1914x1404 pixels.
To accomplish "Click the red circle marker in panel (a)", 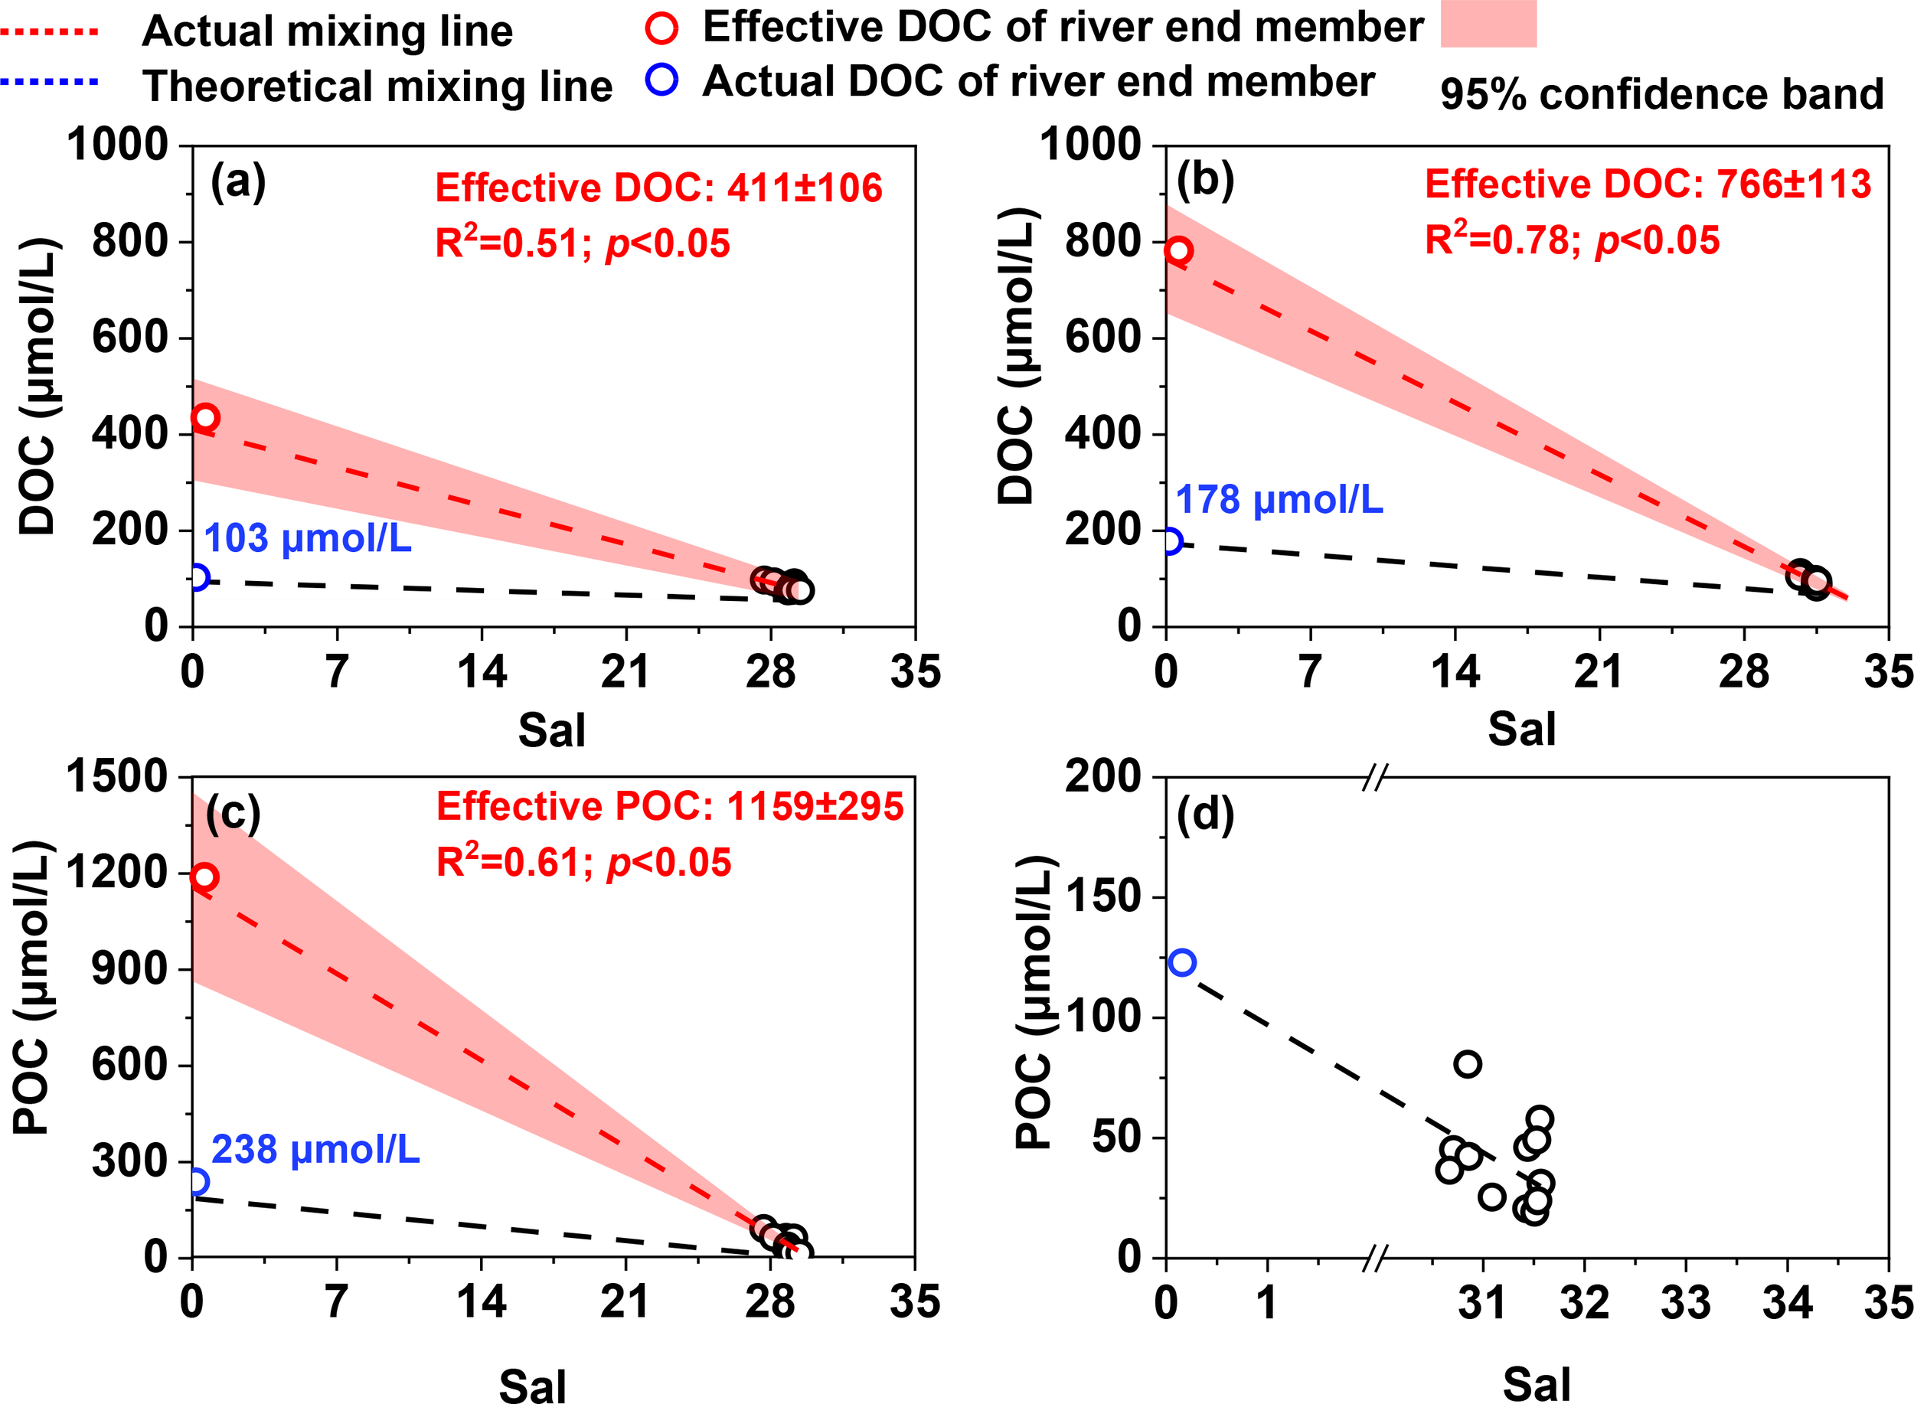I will tap(206, 417).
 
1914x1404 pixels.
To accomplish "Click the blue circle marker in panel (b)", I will tap(1170, 540).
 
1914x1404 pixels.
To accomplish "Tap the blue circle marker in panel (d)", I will tap(1182, 962).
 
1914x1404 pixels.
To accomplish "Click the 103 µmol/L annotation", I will tap(308, 539).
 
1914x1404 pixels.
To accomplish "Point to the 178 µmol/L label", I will tap(1279, 500).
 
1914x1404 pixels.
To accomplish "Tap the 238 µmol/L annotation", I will tap(315, 1150).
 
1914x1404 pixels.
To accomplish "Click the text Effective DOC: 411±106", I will tap(658, 188).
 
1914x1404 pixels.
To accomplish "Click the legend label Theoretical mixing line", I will tap(377, 87).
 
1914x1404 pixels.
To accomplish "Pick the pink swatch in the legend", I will tap(1488, 24).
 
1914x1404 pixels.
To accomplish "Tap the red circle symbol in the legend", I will tap(661, 28).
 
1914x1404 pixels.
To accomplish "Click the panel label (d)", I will tap(1205, 815).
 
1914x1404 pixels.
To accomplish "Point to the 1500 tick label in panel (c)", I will tap(117, 776).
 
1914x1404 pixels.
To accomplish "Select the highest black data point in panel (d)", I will tap(1468, 1064).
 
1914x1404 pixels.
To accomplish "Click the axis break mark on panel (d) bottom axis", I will tap(1374, 1258).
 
